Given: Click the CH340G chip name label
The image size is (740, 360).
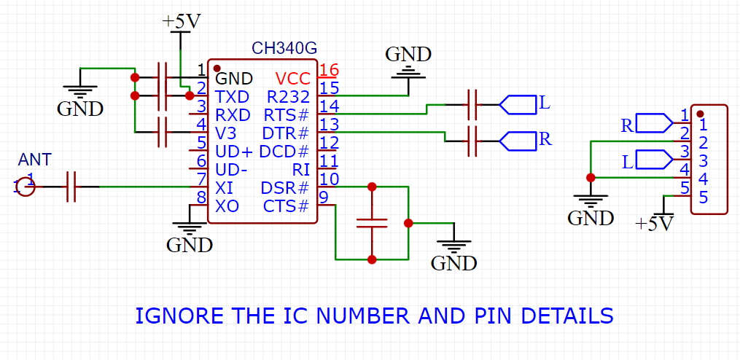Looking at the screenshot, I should [x=284, y=49].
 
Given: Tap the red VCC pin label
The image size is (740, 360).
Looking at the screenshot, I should [x=292, y=78].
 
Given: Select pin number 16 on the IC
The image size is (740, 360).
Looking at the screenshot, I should [x=329, y=71].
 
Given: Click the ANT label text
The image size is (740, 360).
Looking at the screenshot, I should [x=35, y=160].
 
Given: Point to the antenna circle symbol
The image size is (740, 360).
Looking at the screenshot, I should [x=26, y=187].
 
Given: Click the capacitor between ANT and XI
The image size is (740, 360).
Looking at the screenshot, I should [x=71, y=187].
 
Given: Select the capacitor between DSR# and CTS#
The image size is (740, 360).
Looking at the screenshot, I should [x=372, y=223].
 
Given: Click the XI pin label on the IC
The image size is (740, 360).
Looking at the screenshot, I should [x=225, y=188].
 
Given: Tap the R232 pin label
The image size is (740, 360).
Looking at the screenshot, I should [x=289, y=97].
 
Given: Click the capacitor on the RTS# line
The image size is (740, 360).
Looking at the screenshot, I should [x=472, y=106].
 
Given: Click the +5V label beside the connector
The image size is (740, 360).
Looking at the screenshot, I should [x=653, y=223].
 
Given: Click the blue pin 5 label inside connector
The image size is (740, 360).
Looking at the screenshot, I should [x=704, y=197].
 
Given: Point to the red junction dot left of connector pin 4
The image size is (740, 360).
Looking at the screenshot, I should [x=590, y=177].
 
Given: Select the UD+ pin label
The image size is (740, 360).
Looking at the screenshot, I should [x=234, y=152].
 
